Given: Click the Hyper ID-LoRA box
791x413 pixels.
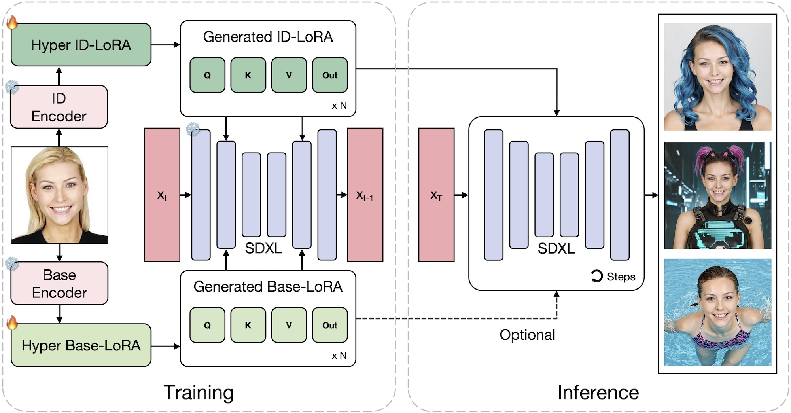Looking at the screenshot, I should (x=81, y=45).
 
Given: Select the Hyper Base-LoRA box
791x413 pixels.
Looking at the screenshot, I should (x=81, y=345).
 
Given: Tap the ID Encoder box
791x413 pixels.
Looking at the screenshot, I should (x=59, y=107).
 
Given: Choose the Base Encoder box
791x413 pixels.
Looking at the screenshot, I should (x=59, y=283).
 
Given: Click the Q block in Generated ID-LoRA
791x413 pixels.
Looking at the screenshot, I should (x=207, y=75).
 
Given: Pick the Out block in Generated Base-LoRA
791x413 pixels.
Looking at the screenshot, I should (x=330, y=325).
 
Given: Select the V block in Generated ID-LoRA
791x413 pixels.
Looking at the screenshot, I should (x=289, y=75).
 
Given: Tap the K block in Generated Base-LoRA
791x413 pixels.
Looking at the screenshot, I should (x=248, y=325).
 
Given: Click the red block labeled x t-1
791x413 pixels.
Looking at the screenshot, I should (x=365, y=195).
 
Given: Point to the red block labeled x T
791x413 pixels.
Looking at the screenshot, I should (x=436, y=195).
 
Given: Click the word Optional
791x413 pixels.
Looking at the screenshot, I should (x=527, y=335).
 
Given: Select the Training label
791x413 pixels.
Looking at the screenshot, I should (x=199, y=392).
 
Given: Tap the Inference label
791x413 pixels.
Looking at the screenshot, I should (x=598, y=392).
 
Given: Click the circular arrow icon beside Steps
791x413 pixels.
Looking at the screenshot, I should (x=597, y=276).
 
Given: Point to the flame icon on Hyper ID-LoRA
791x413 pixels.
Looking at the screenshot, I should (x=12, y=23).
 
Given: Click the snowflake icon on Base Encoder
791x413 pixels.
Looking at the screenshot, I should (x=12, y=263).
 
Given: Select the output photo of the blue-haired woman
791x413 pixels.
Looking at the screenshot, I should (x=717, y=77).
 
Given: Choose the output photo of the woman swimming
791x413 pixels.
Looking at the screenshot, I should (x=717, y=312).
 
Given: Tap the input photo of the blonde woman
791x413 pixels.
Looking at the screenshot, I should (x=59, y=195).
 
